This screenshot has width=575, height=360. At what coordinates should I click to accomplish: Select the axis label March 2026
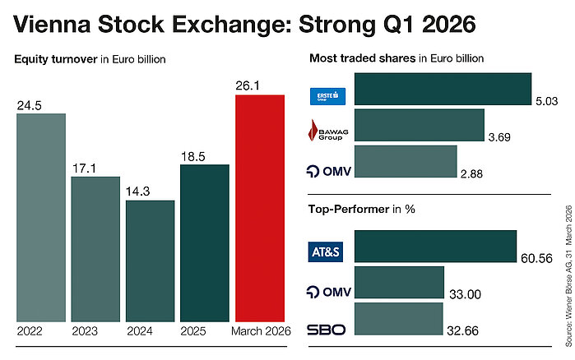click(x=259, y=331)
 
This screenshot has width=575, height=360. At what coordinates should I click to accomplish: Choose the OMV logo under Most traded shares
click(x=327, y=170)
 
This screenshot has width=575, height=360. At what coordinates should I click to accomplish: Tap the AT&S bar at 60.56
click(x=434, y=247)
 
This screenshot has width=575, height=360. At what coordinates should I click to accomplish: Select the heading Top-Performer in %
click(x=362, y=209)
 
